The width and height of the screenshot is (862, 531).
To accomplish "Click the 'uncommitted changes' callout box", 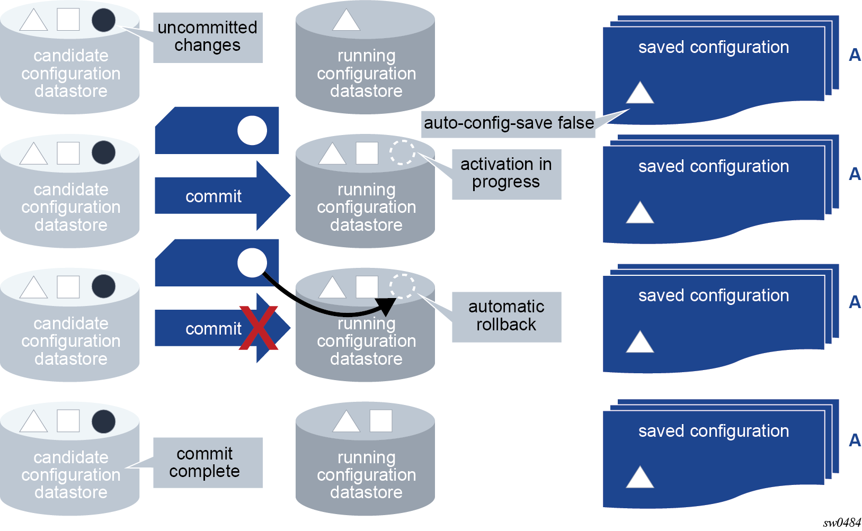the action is pos(208,38).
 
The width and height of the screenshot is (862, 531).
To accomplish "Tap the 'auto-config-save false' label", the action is pos(508,123).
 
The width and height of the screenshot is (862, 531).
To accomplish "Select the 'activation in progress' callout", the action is pos(506,174).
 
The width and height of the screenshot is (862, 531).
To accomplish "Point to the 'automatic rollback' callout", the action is pos(506,317).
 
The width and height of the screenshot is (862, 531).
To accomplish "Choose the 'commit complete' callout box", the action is pos(208,463).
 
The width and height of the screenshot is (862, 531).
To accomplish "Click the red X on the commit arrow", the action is pos(258,328).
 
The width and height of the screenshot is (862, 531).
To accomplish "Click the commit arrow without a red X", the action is pos(223,196).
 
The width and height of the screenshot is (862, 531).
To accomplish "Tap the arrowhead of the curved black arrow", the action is pos(387,306).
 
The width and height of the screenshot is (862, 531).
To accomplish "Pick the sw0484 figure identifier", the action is pos(842,523).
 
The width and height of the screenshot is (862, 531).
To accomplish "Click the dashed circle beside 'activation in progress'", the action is pos(402,152).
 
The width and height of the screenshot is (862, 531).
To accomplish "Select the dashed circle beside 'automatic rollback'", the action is pos(402,286).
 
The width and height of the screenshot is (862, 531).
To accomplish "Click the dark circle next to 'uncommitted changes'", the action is pos(103,20).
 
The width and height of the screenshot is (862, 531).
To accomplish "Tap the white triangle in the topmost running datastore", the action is pos(346,20).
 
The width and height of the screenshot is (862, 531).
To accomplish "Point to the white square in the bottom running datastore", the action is pos(381,421).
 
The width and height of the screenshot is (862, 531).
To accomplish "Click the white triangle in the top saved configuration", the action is pos(640,93).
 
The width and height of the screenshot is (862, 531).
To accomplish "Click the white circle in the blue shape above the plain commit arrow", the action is pos(252,130).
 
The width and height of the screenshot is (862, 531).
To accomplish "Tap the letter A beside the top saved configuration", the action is pos(855,55).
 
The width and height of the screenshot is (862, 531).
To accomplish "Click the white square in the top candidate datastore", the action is pos(68,19).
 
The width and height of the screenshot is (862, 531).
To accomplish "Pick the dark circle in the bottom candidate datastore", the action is pos(103,421).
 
